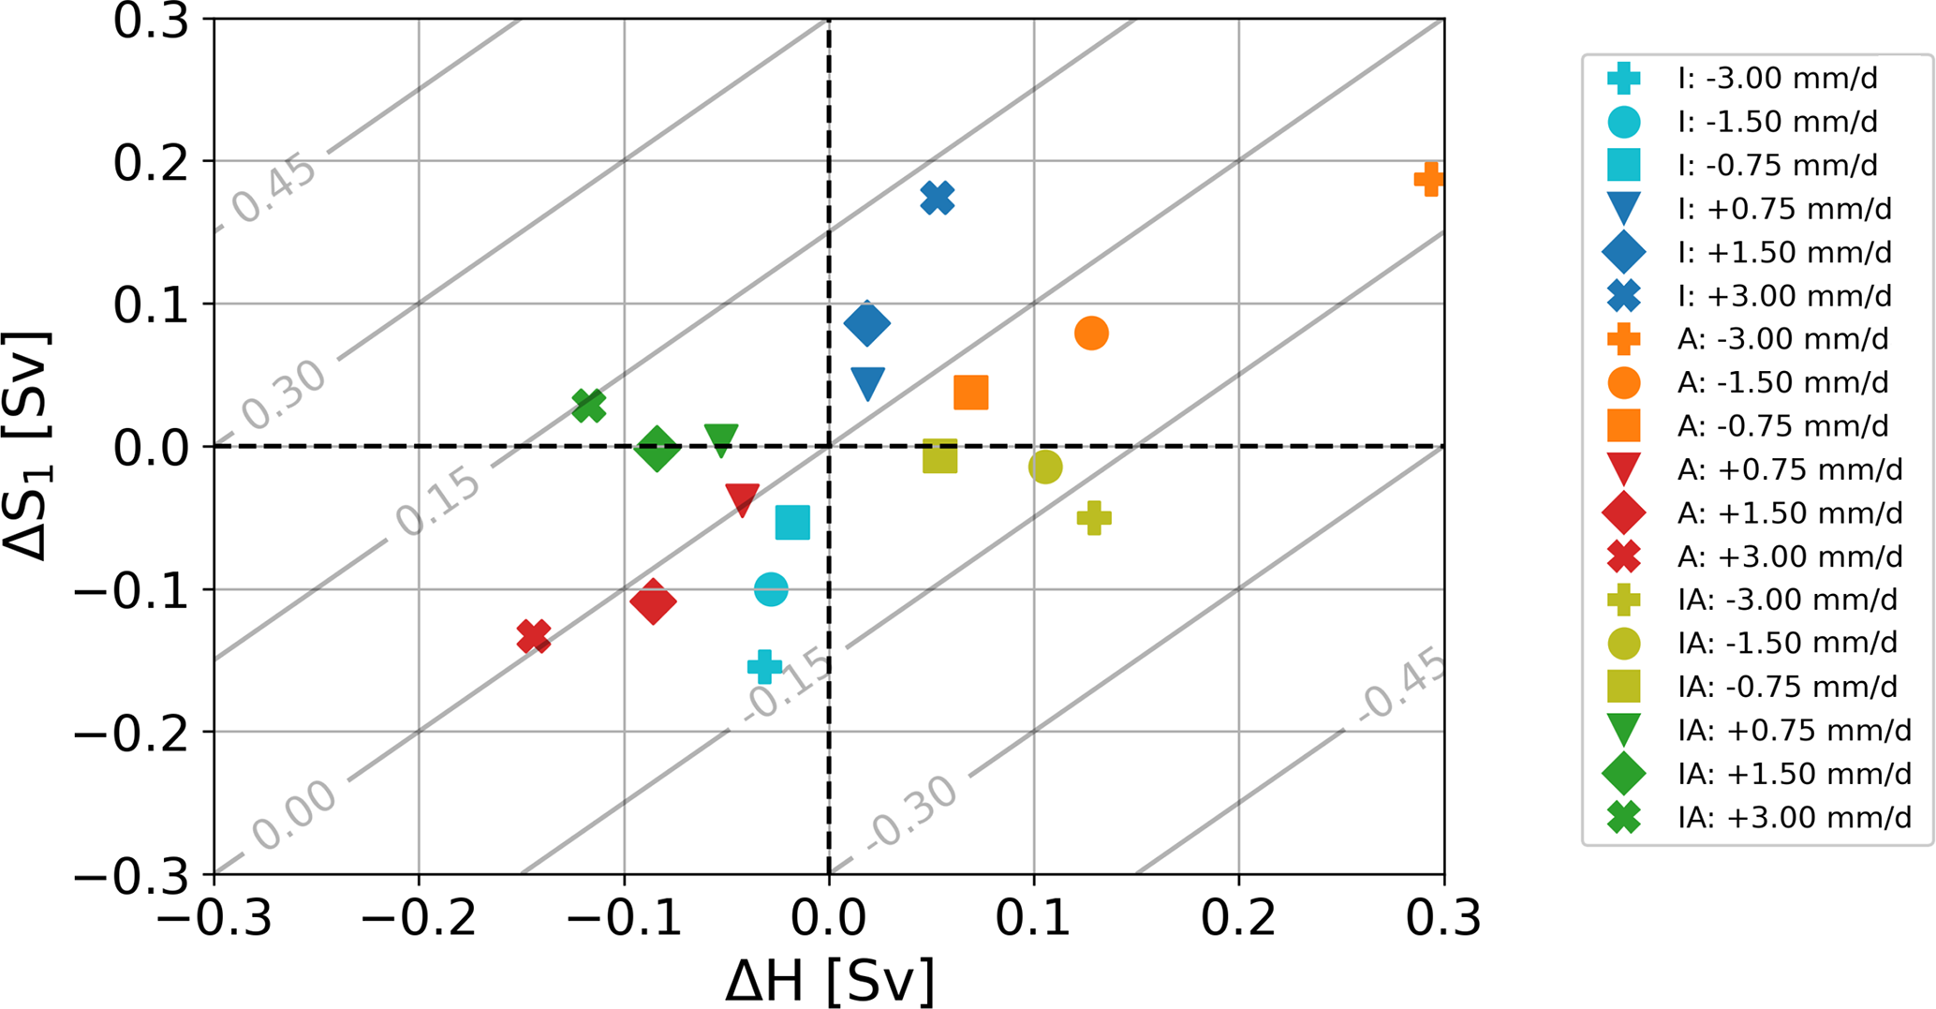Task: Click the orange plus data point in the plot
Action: pos(1428,179)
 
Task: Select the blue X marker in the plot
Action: pos(938,198)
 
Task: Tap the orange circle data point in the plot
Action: pos(1091,333)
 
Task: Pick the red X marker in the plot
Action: pos(534,636)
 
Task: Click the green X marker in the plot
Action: pos(588,406)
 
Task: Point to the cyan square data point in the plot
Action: pos(792,523)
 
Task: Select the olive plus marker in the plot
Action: pos(1094,517)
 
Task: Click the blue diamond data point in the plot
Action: pos(867,323)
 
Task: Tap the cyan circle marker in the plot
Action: pos(771,589)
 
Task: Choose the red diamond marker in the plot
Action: pos(653,601)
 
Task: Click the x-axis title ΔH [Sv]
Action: pos(830,981)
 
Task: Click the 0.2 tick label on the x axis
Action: pos(1238,919)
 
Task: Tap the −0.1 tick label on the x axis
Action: pos(625,919)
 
